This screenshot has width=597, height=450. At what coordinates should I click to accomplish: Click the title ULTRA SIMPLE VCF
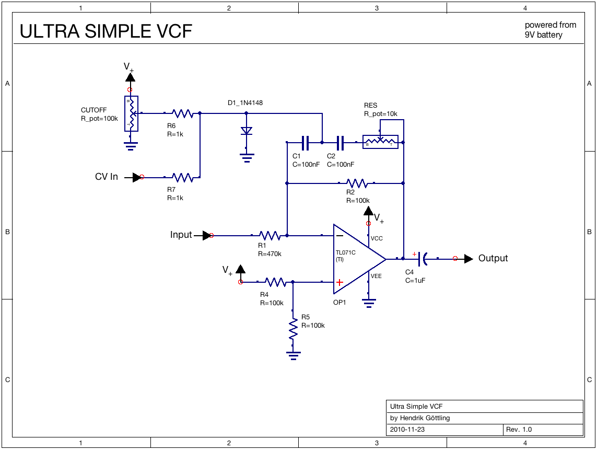[x=106, y=32]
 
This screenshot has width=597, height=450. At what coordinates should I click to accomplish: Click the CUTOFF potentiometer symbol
[x=131, y=113]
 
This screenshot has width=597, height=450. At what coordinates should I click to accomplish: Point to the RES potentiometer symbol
[x=380, y=142]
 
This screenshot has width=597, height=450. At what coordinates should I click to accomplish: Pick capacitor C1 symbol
[x=306, y=142]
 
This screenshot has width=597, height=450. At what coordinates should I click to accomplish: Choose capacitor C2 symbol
[x=341, y=142]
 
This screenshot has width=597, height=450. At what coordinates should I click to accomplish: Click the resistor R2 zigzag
[x=357, y=183]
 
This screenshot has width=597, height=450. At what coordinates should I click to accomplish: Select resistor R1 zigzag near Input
[x=270, y=236]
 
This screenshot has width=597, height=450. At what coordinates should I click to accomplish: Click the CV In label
[x=107, y=177]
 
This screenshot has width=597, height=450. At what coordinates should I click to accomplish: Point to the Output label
[x=493, y=258]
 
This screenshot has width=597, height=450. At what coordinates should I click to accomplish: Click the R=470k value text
[x=270, y=254]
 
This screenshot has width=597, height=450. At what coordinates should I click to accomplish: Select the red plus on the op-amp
[x=340, y=282]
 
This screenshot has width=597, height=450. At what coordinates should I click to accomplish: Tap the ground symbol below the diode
[x=247, y=156]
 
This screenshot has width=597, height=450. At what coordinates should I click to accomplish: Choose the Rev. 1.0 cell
[x=519, y=430]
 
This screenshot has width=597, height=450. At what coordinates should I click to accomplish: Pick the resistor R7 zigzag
[x=183, y=178]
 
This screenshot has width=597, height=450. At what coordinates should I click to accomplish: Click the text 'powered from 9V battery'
[x=551, y=30]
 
